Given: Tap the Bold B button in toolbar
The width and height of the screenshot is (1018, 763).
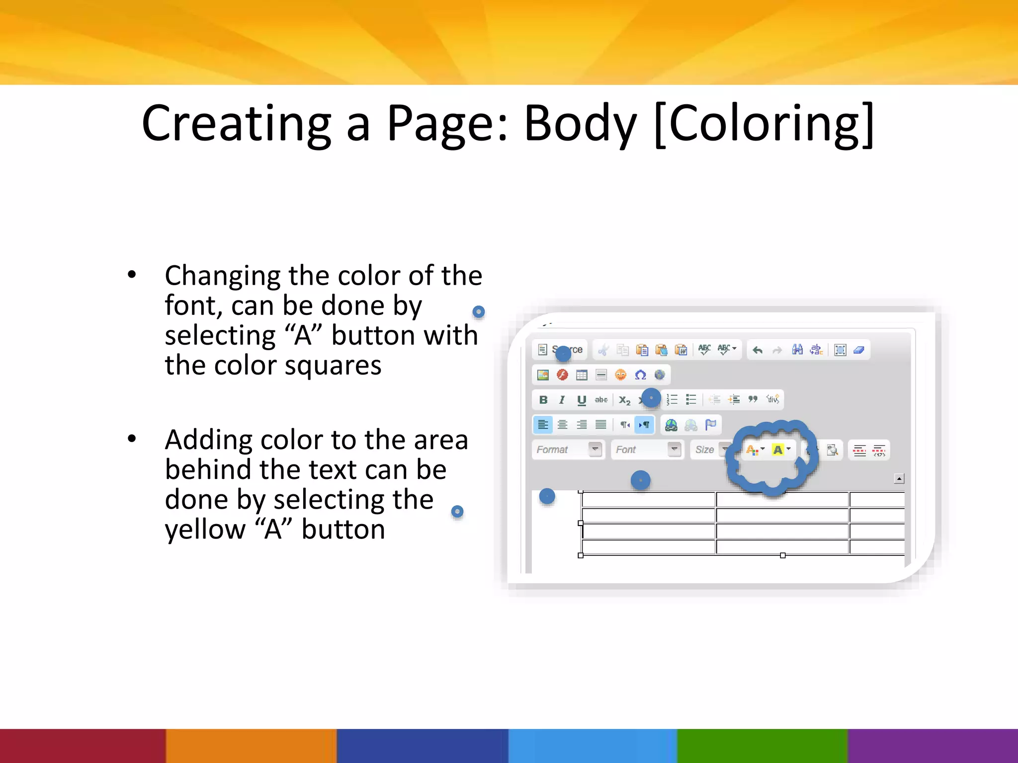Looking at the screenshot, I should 543,400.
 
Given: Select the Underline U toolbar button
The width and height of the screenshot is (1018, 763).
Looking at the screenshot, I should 582,400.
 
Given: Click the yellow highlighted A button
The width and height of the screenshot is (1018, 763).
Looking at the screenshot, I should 778,450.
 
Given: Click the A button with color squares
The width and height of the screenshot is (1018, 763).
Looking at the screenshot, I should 752,450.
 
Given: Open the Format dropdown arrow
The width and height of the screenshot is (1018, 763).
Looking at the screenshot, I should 595,450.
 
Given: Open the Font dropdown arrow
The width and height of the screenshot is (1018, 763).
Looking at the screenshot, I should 674,450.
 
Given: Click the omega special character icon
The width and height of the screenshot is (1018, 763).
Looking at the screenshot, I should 640,375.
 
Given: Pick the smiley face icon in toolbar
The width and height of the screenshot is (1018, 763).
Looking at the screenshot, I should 620,375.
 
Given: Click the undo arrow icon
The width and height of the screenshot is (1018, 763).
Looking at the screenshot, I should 758,350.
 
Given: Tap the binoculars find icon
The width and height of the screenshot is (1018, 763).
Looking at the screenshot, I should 797,350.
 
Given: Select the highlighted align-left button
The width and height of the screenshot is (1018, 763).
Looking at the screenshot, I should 543,425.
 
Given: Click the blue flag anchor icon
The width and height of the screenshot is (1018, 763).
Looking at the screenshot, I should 711,425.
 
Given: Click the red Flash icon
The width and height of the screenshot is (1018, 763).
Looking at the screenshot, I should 562,375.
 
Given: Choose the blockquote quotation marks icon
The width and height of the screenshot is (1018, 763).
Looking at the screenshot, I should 753,399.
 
